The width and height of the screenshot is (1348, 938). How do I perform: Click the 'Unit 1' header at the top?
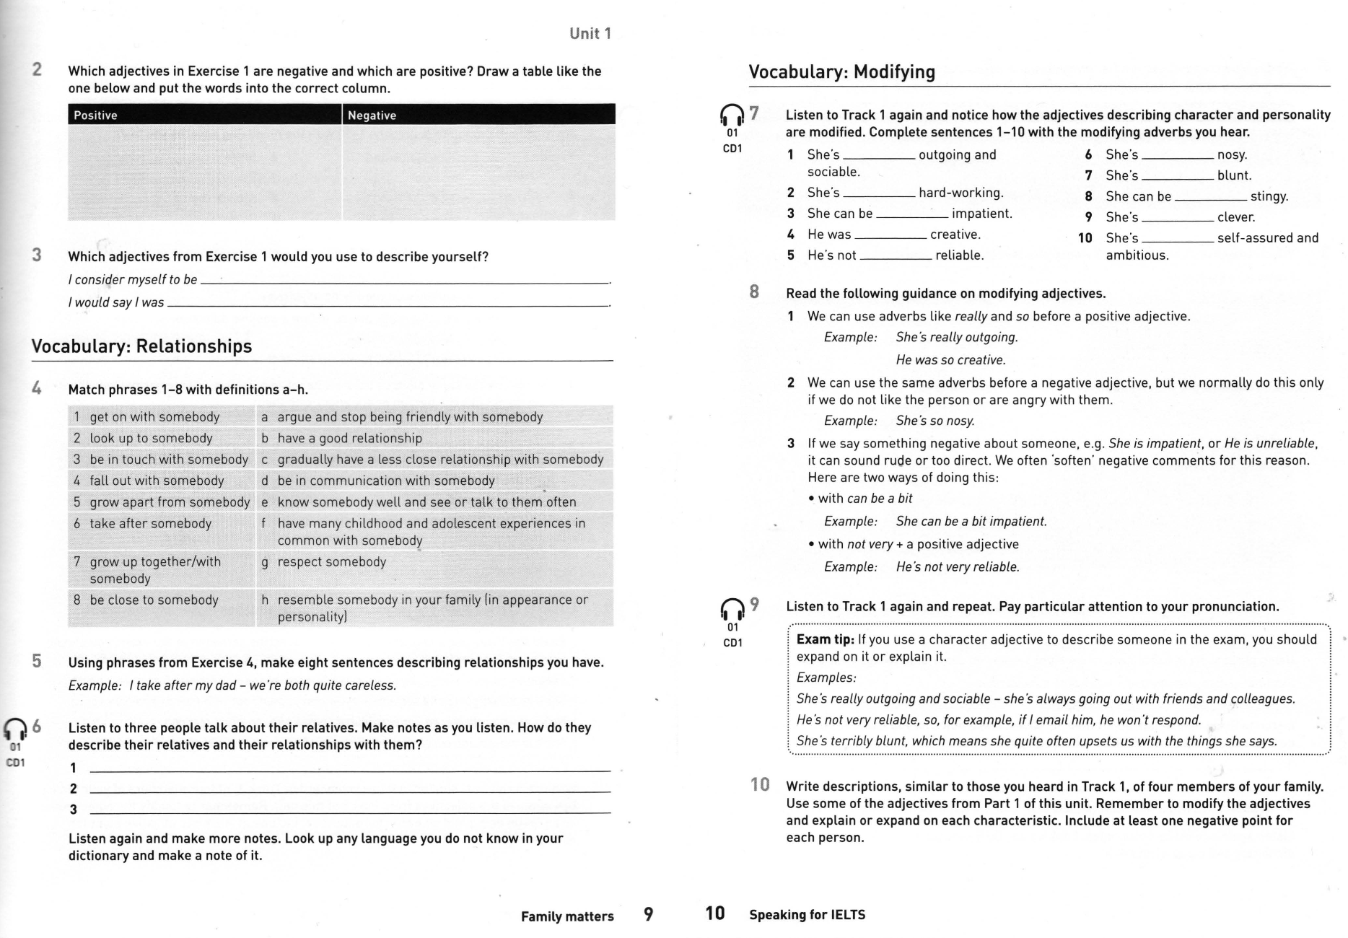tap(590, 33)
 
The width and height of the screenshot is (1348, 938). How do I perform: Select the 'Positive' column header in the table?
tap(95, 115)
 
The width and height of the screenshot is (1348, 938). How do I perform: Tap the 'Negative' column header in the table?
tap(372, 115)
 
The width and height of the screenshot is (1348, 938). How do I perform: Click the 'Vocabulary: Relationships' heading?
tap(141, 346)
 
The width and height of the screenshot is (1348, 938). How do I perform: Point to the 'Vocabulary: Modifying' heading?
tap(841, 72)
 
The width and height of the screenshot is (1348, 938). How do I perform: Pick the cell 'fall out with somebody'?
tap(157, 481)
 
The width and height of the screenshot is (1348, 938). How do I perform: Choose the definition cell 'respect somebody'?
tap(331, 561)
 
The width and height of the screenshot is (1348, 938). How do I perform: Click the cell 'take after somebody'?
tap(150, 523)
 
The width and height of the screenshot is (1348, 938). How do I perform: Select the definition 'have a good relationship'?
tap(349, 438)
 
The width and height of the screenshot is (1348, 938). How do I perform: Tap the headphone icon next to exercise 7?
tap(732, 115)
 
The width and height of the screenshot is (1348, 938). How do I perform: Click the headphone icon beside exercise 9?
tap(732, 610)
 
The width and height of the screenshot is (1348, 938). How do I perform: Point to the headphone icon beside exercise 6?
tap(14, 729)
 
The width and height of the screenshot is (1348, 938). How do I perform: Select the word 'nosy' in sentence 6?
tap(1232, 154)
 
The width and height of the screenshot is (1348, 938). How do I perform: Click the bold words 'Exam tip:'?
tap(825, 639)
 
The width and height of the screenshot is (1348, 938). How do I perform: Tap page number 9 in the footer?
tap(648, 914)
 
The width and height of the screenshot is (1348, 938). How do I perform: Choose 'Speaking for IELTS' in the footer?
tap(807, 915)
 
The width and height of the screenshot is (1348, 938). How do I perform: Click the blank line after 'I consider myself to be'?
tap(404, 282)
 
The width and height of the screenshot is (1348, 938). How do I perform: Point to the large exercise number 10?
tap(760, 784)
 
